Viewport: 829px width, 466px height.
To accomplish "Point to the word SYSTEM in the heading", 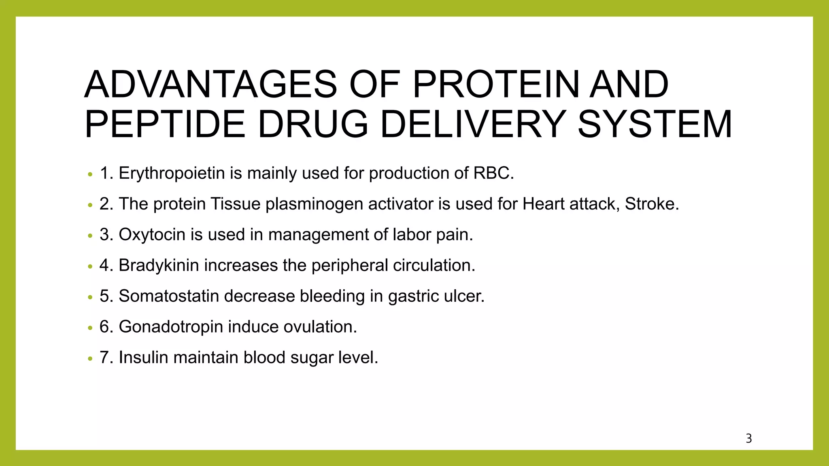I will pyautogui.click(x=655, y=124).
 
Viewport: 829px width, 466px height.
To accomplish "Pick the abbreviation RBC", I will pyautogui.click(x=493, y=174).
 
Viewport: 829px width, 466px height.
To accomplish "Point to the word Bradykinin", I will pyautogui.click(x=159, y=265).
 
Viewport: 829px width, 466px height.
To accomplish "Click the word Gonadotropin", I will pyautogui.click(x=170, y=327).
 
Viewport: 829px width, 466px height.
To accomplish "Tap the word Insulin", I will pyautogui.click(x=143, y=358).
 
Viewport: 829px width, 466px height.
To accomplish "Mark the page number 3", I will pyautogui.click(x=749, y=438).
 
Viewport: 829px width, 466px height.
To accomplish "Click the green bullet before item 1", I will pyautogui.click(x=90, y=175).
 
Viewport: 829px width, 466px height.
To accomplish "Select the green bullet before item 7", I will pyautogui.click(x=90, y=359).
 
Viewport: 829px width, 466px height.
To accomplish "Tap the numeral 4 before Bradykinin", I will pyautogui.click(x=104, y=265).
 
